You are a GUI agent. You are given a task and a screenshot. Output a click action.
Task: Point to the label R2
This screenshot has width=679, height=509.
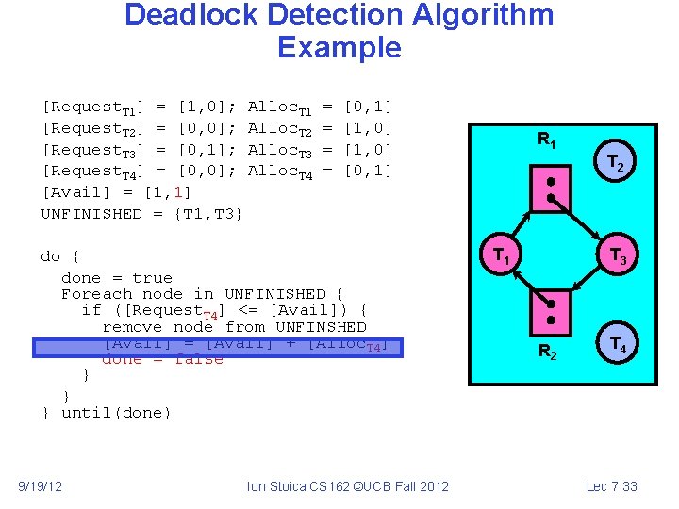[547, 353]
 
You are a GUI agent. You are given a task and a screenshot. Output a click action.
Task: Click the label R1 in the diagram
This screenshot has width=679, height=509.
[547, 140]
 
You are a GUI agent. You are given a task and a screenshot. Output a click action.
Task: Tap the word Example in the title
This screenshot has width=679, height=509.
[339, 47]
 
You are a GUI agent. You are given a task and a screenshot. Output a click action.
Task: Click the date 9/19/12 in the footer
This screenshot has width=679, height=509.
[41, 486]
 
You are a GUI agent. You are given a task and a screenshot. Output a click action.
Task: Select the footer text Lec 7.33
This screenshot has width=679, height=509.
[612, 486]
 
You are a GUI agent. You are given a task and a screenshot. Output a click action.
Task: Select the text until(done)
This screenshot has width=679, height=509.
[116, 413]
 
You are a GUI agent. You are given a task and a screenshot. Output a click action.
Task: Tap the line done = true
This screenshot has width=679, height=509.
[116, 278]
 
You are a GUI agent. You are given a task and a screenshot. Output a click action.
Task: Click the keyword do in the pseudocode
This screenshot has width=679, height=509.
[51, 256]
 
